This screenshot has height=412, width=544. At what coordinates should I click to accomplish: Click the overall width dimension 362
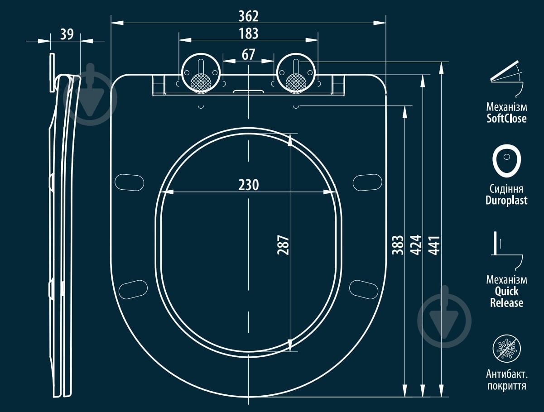pyautogui.click(x=248, y=16)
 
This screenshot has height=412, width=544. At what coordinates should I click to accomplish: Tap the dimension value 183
pyautogui.click(x=249, y=34)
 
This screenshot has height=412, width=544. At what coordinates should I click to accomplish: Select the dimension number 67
pyautogui.click(x=248, y=55)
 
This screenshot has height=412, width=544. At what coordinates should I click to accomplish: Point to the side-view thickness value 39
pyautogui.click(x=67, y=34)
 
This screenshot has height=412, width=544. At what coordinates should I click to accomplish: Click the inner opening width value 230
pyautogui.click(x=249, y=185)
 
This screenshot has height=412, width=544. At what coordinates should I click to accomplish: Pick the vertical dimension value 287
pyautogui.click(x=283, y=245)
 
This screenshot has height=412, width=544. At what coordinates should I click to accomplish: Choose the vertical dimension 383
pyautogui.click(x=398, y=245)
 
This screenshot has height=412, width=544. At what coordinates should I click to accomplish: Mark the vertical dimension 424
pyautogui.click(x=416, y=245)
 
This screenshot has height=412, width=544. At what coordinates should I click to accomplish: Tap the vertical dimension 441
pyautogui.click(x=434, y=245)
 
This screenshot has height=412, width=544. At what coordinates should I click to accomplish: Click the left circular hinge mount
pyautogui.click(x=201, y=73)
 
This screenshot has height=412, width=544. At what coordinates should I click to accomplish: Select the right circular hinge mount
pyautogui.click(x=296, y=73)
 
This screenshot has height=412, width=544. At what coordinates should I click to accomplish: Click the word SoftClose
pyautogui.click(x=506, y=119)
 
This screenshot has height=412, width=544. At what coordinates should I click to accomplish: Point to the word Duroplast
pyautogui.click(x=506, y=200)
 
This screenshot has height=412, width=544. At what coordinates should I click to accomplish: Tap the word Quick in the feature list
pyautogui.click(x=506, y=292)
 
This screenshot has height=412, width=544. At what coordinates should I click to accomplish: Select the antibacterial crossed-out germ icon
pyautogui.click(x=506, y=349)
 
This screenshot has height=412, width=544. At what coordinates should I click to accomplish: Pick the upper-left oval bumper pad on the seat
pyautogui.click(x=130, y=182)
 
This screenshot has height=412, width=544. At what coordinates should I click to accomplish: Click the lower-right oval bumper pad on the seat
pyautogui.click(x=364, y=290)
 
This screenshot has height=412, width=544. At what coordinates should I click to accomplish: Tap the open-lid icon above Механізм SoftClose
pyautogui.click(x=505, y=79)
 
